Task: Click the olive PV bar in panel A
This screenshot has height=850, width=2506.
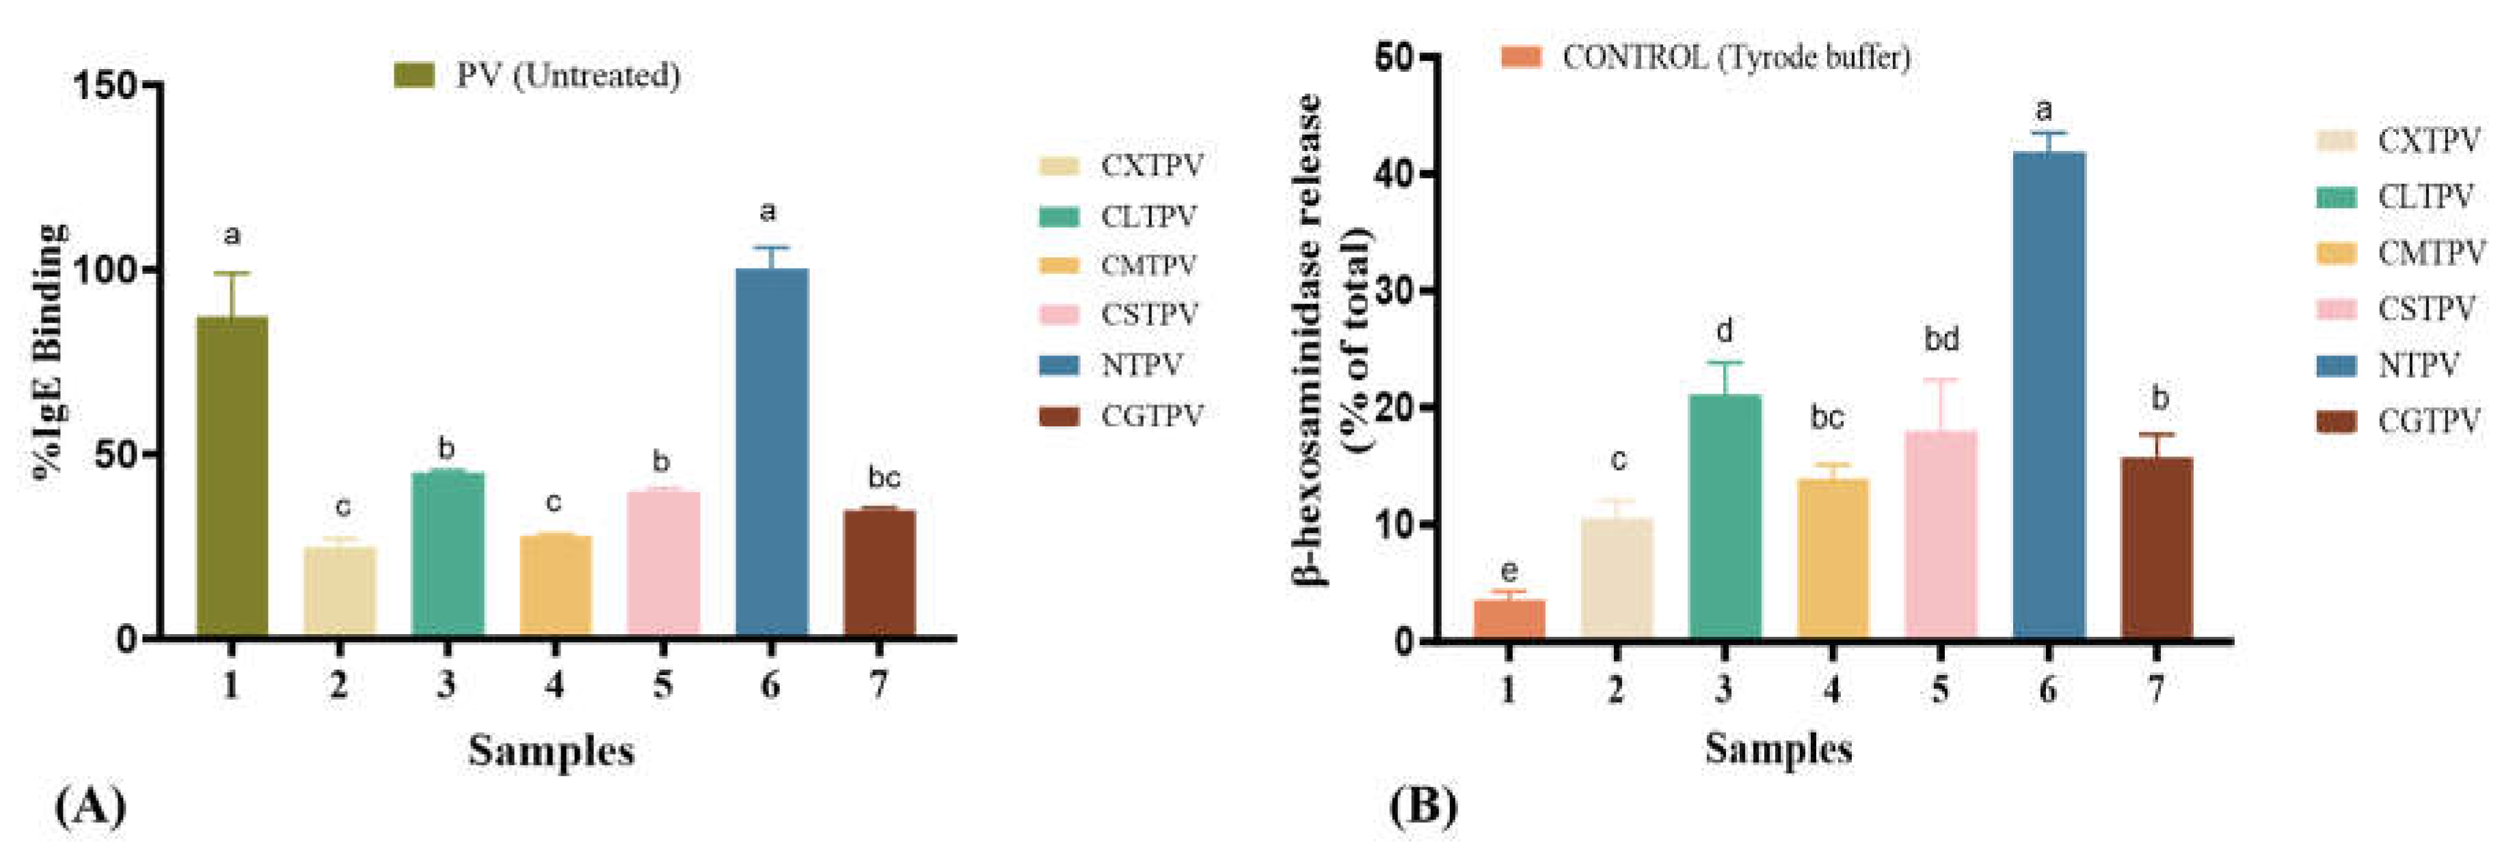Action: pos(232,476)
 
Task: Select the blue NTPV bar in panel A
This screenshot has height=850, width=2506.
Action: pos(772,452)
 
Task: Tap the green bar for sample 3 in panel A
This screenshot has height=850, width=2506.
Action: pos(448,554)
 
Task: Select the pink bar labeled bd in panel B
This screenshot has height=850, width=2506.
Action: pos(1940,535)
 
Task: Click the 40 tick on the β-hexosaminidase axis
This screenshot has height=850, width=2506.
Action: pos(1397,174)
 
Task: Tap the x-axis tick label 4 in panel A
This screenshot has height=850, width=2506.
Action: pos(554,685)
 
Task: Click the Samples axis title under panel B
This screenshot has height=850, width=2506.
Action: pos(1778,749)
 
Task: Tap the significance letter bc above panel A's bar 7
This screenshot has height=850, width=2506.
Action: pos(883,478)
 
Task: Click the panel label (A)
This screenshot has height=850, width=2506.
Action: pos(90,806)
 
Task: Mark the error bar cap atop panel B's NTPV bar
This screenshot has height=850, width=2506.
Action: pos(2048,133)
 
